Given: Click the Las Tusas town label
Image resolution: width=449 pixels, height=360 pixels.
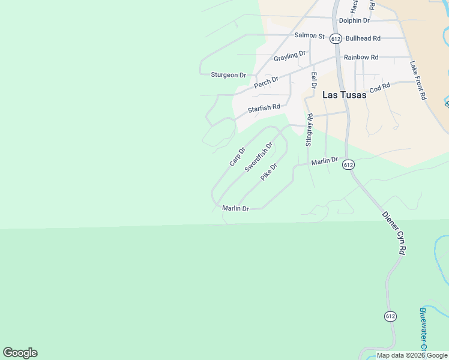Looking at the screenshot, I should (x=344, y=95).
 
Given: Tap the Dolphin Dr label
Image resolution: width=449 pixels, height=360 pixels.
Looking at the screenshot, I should (x=354, y=20).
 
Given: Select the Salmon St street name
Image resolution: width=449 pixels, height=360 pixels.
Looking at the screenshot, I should (x=309, y=36).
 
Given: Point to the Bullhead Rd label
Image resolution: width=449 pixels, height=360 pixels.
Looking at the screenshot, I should (x=363, y=38).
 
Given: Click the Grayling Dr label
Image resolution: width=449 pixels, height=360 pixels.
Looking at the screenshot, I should (x=290, y=56).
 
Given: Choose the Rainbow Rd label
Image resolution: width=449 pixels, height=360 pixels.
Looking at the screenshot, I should (x=361, y=57).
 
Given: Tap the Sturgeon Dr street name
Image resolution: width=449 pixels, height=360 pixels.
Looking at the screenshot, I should (x=228, y=75).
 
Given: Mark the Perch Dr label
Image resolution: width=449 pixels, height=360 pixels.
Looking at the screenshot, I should (x=266, y=82).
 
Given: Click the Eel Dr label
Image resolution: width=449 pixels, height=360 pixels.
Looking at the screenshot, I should (x=314, y=80).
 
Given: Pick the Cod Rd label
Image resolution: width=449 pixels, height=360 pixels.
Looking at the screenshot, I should (x=380, y=88).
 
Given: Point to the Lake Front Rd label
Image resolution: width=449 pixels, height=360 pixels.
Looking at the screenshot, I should (x=418, y=80).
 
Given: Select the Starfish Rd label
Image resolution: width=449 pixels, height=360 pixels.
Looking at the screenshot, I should (x=264, y=109).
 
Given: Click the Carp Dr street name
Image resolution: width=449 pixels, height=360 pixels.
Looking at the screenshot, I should (x=237, y=157).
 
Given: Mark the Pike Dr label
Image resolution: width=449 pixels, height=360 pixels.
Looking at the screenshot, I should (x=268, y=172).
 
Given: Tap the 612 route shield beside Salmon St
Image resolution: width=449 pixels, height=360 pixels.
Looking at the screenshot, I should (x=336, y=38).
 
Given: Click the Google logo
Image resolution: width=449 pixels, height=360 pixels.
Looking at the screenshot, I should (x=20, y=353).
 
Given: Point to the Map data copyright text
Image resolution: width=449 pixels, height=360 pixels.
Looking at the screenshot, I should (x=411, y=355).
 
